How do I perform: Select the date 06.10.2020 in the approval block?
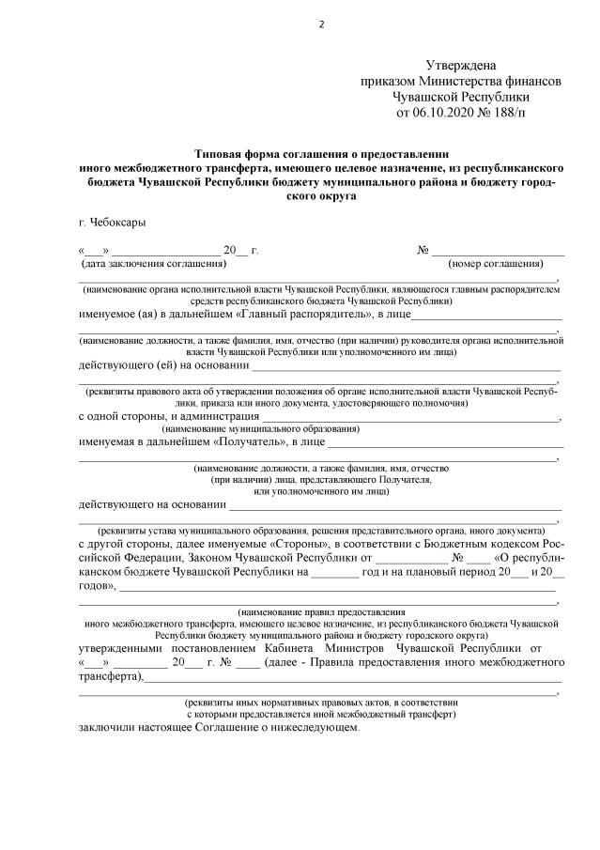tap(445, 113)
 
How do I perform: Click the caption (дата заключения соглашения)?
tap(152, 264)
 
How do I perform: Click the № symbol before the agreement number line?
tap(423, 251)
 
